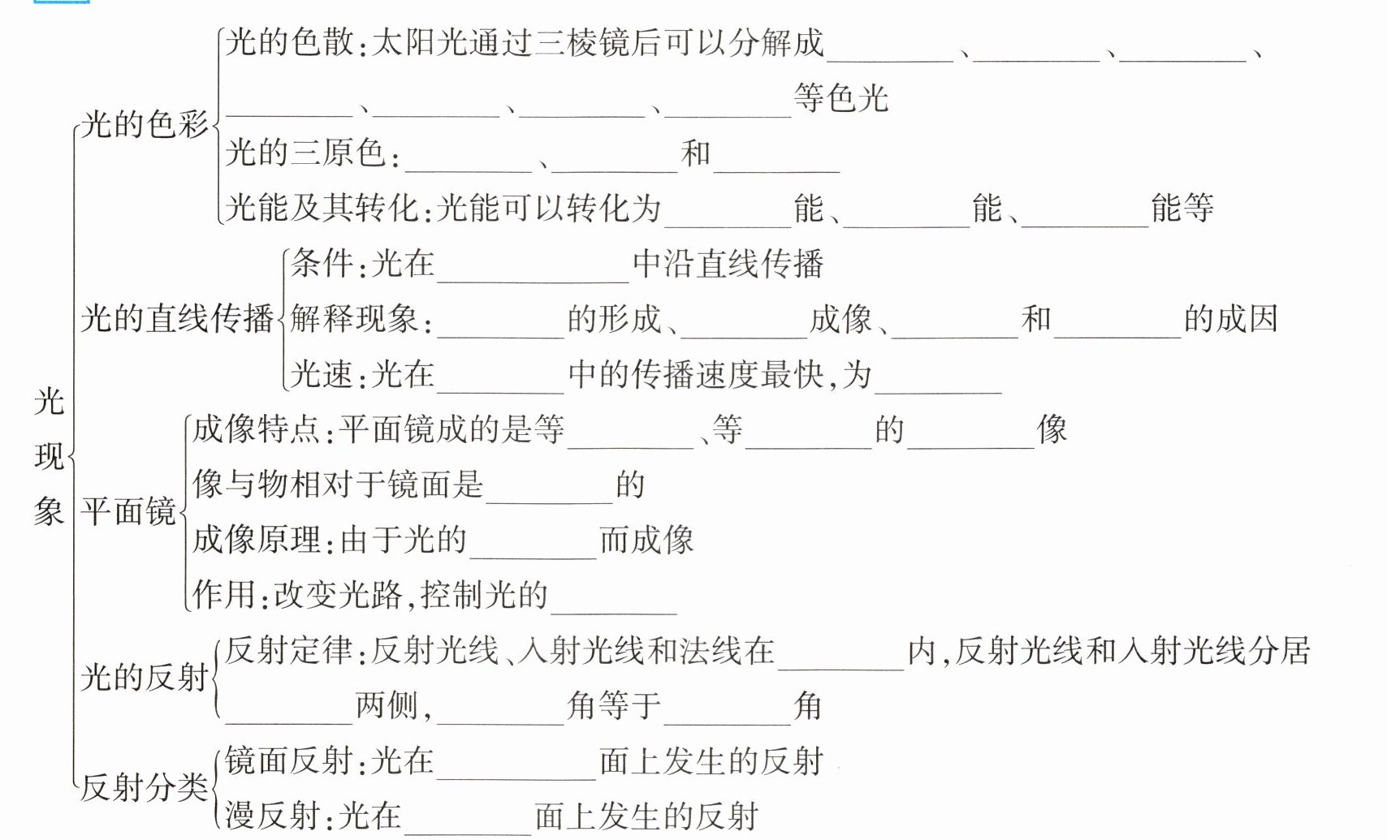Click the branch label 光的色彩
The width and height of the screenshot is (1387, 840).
(x=145, y=125)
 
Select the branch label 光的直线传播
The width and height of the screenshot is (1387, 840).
(x=176, y=318)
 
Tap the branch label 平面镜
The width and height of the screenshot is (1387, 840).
(x=128, y=511)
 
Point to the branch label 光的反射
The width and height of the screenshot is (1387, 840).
(x=144, y=677)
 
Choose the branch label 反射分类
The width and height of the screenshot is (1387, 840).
(x=144, y=786)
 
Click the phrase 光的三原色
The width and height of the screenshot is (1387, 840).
(x=305, y=153)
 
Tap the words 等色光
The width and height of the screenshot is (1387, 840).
(x=841, y=98)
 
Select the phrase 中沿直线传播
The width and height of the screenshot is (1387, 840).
(x=728, y=264)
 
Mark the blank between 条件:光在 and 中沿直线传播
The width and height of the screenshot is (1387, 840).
(x=534, y=269)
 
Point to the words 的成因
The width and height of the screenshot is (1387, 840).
(x=1230, y=319)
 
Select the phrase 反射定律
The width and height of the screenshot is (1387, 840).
(x=289, y=650)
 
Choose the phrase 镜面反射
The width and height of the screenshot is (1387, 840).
(x=289, y=760)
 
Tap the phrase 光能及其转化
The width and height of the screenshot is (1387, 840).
(x=322, y=209)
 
